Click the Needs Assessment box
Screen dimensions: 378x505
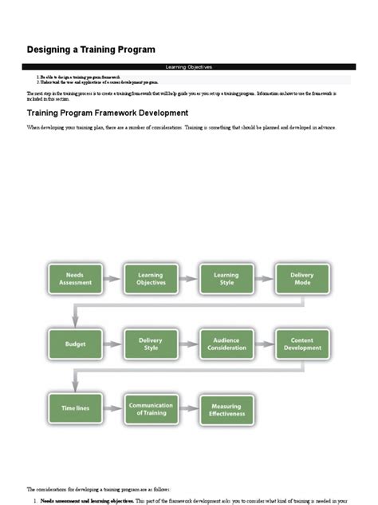click(74, 278)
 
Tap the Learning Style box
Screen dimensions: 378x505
click(226, 278)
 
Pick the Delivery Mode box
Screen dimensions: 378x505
click(301, 278)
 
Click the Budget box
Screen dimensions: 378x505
click(74, 344)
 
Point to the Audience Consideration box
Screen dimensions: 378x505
click(226, 344)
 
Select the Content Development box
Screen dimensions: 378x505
click(301, 344)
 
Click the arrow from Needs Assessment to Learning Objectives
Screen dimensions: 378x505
click(112, 278)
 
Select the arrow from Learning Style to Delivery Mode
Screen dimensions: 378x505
click(264, 278)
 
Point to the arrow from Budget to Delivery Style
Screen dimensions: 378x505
click(112, 344)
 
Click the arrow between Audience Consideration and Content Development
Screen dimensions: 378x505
click(264, 344)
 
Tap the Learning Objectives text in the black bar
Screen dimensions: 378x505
click(188, 67)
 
